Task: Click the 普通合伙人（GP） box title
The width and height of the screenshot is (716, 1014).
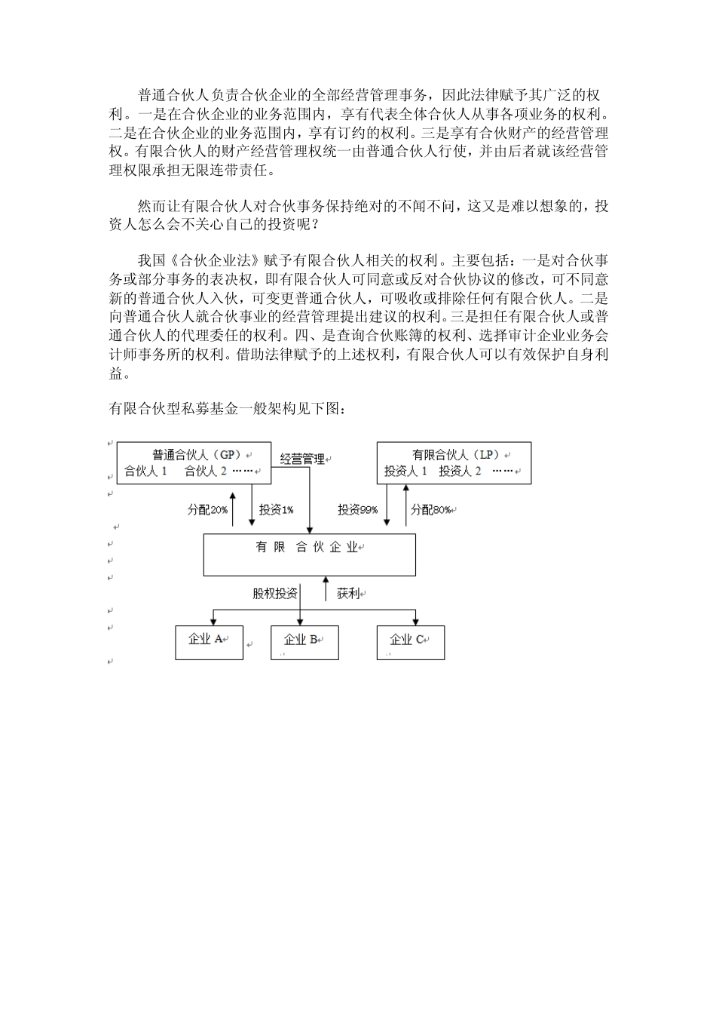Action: tap(195, 455)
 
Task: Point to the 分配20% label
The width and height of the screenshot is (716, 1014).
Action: tap(207, 510)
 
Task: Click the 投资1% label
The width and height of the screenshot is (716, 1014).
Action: tap(276, 510)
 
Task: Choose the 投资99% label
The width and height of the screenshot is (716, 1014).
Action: tap(357, 510)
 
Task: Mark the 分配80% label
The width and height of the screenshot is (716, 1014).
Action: tap(431, 510)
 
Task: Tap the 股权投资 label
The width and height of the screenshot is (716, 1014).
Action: tap(274, 594)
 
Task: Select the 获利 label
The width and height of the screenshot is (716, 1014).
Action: tap(348, 594)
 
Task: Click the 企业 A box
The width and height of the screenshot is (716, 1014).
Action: tap(209, 642)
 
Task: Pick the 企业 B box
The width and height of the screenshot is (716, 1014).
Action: tap(304, 642)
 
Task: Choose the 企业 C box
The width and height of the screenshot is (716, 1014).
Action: tap(410, 642)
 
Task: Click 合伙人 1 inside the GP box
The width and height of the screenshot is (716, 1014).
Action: tap(145, 472)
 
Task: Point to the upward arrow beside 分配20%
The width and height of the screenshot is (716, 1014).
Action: tap(233, 507)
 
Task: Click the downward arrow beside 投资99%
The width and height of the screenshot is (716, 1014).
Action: tap(387, 507)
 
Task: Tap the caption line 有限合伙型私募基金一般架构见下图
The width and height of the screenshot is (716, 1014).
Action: tap(228, 409)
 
